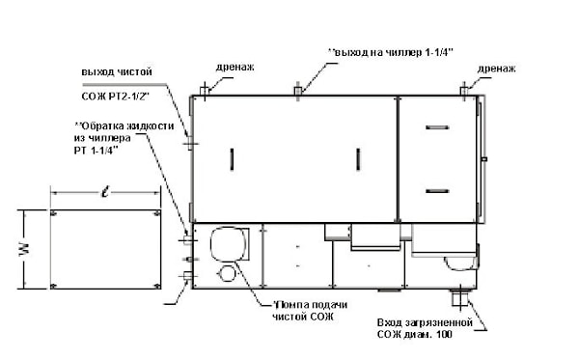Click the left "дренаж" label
(x=234, y=67)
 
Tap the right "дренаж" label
(x=496, y=69)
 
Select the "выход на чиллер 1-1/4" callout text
(x=391, y=52)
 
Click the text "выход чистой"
(x=117, y=71)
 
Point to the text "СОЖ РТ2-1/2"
(x=115, y=97)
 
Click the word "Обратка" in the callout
(x=103, y=125)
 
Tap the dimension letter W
(x=24, y=249)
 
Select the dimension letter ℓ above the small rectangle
(x=105, y=192)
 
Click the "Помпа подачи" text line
(x=310, y=305)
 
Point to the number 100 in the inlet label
(x=444, y=335)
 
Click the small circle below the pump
(x=227, y=273)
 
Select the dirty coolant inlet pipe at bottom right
(x=459, y=297)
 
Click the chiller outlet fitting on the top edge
(x=298, y=91)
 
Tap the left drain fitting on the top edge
(x=205, y=91)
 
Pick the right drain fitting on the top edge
(x=464, y=91)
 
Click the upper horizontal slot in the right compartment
(x=437, y=127)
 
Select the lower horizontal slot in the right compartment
(x=437, y=191)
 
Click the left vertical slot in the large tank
(x=232, y=159)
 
